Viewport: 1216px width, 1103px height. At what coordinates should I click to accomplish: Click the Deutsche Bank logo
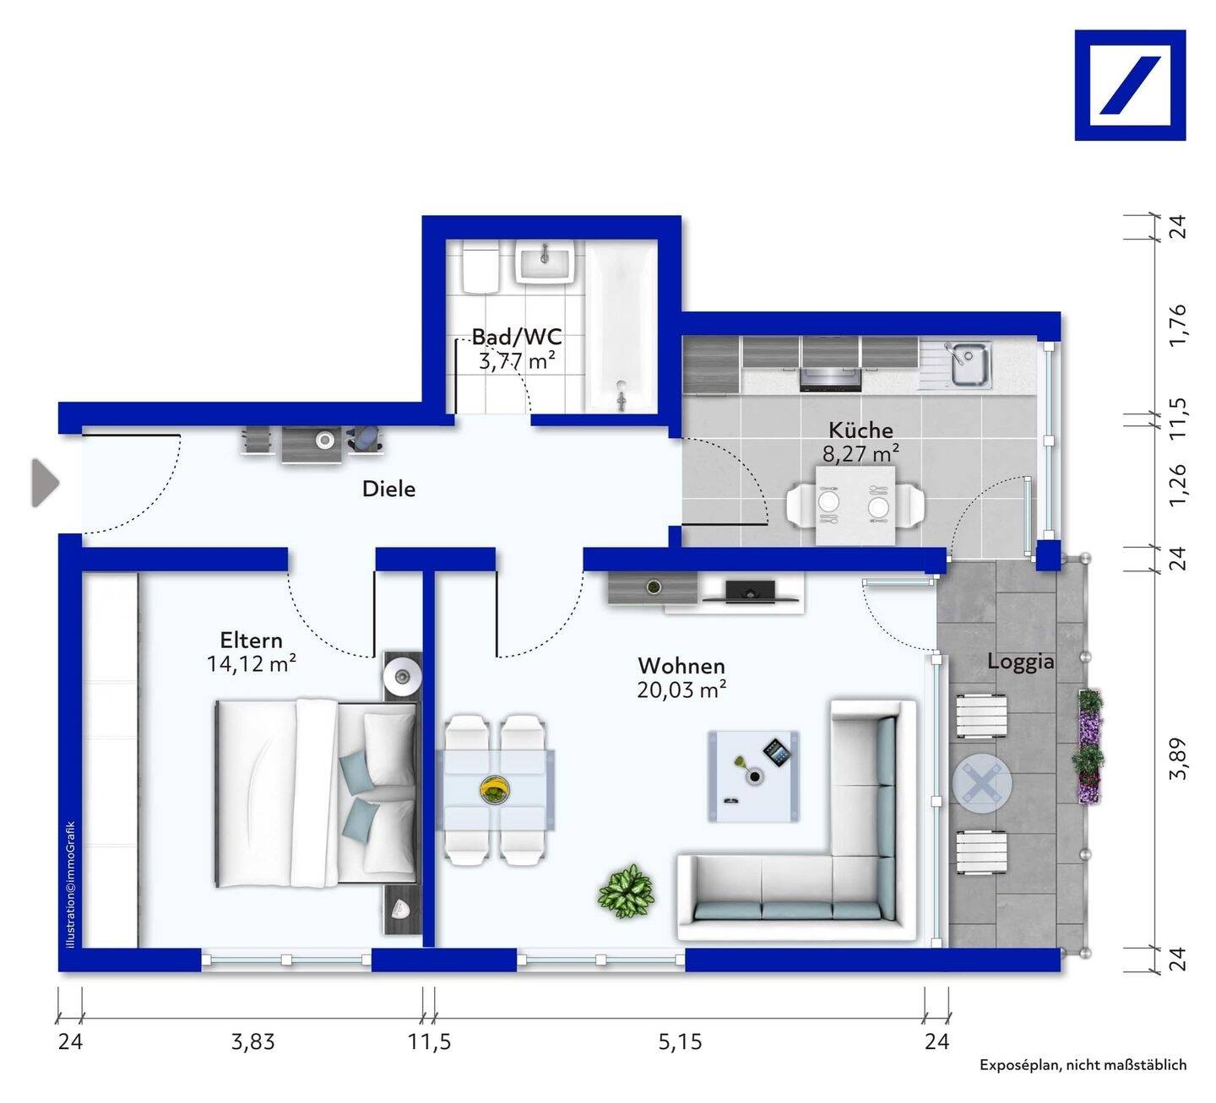tap(1130, 85)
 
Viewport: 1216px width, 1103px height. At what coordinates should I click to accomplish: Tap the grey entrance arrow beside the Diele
tap(45, 484)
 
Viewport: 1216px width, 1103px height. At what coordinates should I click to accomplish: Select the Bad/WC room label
tap(516, 337)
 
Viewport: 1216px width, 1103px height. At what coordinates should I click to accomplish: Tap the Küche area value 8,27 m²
tap(860, 454)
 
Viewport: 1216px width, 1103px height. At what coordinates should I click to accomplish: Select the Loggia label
tap(1020, 662)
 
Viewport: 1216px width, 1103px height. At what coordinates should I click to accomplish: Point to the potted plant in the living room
tap(626, 890)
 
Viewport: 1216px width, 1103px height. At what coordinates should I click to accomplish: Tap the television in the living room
tap(751, 591)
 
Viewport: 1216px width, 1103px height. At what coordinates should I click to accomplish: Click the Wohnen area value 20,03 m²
tap(681, 690)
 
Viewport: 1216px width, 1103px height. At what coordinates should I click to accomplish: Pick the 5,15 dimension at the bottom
tap(680, 1042)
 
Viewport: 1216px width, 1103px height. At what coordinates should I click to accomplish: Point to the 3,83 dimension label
tap(252, 1042)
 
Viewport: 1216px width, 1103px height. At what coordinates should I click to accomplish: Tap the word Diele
tap(388, 489)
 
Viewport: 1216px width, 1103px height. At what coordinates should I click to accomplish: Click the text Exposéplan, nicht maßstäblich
tap(1083, 1065)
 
